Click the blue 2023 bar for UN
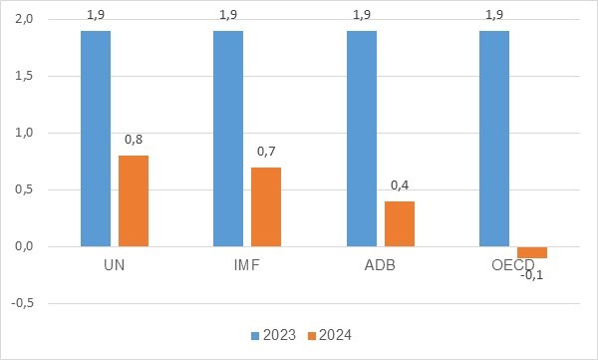pyautogui.click(x=95, y=138)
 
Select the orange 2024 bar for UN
pyautogui.click(x=133, y=200)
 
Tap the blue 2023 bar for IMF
pyautogui.click(x=228, y=138)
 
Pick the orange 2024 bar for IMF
pyautogui.click(x=265, y=206)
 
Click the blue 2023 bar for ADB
pyautogui.click(x=362, y=138)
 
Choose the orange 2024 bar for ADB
pyautogui.click(x=399, y=223)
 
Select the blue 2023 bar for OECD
pyautogui.click(x=494, y=138)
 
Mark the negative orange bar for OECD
pyautogui.click(x=531, y=251)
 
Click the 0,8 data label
pyautogui.click(x=134, y=139)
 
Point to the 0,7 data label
pyautogui.click(x=266, y=151)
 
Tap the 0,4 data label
pyautogui.click(x=400, y=184)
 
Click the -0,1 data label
pyautogui.click(x=531, y=275)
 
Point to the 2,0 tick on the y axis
pyautogui.click(x=24, y=20)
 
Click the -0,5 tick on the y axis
pyautogui.click(x=23, y=304)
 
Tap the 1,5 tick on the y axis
pyautogui.click(x=24, y=77)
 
